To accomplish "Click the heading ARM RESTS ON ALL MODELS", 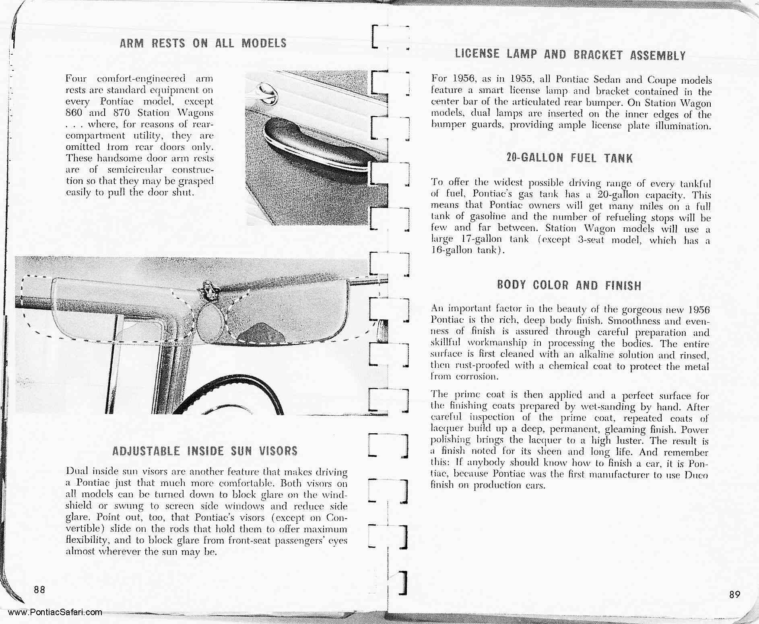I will click(203, 43).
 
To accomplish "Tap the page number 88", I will click(39, 590).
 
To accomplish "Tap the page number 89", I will click(734, 594).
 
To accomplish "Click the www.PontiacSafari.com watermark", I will click(55, 612).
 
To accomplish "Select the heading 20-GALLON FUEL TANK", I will click(569, 158).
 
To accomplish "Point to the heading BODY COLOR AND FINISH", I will click(569, 285).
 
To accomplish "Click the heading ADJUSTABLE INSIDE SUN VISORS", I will click(205, 451).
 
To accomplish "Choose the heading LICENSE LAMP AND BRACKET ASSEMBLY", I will click(570, 55).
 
